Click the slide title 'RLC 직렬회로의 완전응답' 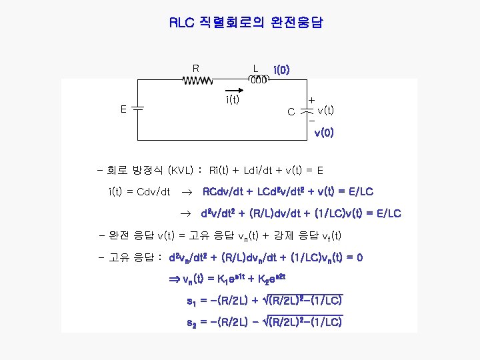(x=246, y=23)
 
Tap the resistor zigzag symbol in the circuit (x=197, y=80)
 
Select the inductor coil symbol (x=258, y=80)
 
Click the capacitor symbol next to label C (x=307, y=109)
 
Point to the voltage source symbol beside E (x=137, y=108)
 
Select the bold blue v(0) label (x=324, y=133)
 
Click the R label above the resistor (x=195, y=67)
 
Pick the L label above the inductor (x=255, y=67)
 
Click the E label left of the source (x=123, y=109)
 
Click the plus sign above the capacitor (x=311, y=99)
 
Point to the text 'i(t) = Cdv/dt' (x=139, y=192)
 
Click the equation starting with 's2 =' (x=265, y=323)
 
